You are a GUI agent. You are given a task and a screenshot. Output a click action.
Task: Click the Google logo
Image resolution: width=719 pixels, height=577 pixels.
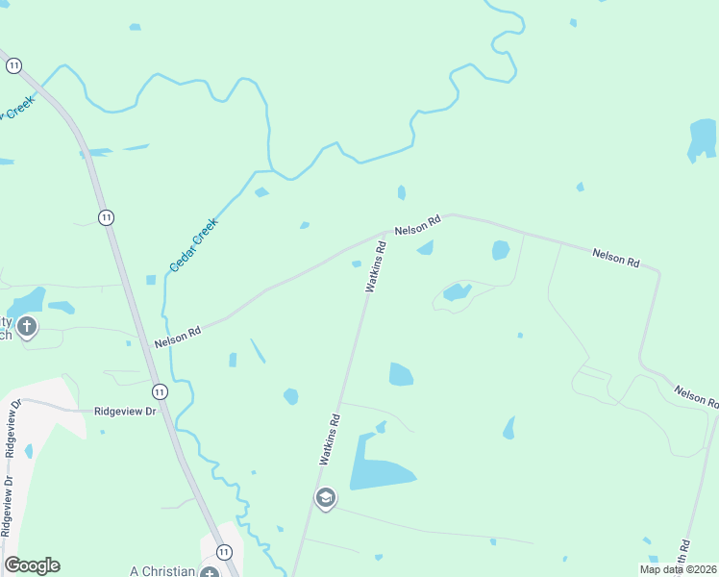pyautogui.click(x=32, y=565)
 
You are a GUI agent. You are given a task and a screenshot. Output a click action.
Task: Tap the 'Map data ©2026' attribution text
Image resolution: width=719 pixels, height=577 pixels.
pyautogui.click(x=678, y=569)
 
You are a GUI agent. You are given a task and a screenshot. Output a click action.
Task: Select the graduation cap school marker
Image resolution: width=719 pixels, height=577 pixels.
pyautogui.click(x=325, y=498)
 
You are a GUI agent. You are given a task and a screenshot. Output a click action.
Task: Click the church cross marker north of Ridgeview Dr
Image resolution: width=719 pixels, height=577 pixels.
pyautogui.click(x=27, y=327)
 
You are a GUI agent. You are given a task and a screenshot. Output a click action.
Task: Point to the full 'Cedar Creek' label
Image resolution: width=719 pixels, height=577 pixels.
pyautogui.click(x=194, y=244)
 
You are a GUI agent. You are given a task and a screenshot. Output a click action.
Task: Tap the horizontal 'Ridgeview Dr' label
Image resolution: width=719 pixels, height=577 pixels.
pyautogui.click(x=125, y=411)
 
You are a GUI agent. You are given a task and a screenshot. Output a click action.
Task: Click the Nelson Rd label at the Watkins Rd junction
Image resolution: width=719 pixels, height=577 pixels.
pyautogui.click(x=417, y=224)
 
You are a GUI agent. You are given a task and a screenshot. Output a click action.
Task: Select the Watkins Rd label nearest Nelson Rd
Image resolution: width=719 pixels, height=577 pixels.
pyautogui.click(x=376, y=266)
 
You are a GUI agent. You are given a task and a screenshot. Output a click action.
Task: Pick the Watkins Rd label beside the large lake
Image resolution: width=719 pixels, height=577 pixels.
pyautogui.click(x=330, y=439)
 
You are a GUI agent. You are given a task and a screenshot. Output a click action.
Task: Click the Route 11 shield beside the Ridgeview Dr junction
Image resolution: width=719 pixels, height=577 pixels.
pyautogui.click(x=160, y=391)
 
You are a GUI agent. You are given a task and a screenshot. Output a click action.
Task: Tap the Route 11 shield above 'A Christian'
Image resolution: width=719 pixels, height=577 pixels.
pyautogui.click(x=224, y=552)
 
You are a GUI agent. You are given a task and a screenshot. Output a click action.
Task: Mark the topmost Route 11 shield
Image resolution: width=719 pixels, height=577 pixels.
pyautogui.click(x=13, y=65)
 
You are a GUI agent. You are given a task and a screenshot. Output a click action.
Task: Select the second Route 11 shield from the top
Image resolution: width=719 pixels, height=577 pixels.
pyautogui.click(x=106, y=217)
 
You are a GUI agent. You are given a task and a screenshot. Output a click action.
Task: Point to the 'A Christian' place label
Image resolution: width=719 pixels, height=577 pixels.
pyautogui.click(x=161, y=570)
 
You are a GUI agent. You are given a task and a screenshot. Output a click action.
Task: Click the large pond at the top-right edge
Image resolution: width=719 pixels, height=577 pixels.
pyautogui.click(x=702, y=138)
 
